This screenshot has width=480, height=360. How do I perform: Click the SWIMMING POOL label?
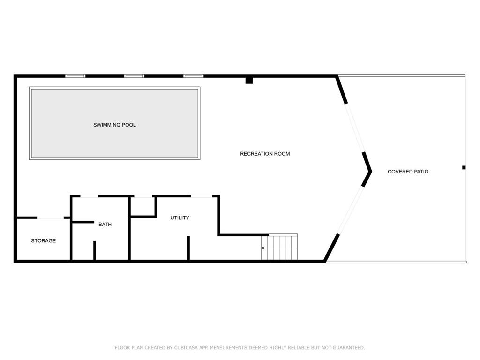(114, 125)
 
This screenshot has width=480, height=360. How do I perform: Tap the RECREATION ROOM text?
(265, 154)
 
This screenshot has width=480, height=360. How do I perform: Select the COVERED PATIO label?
(408, 172)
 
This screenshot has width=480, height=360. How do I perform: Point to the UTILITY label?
(180, 217)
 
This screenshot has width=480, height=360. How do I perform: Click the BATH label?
(105, 225)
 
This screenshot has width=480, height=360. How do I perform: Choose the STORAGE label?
(44, 240)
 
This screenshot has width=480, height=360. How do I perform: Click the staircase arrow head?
(262, 248)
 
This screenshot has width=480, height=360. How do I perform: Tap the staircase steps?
(279, 247)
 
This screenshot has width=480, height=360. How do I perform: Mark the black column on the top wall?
(249, 80)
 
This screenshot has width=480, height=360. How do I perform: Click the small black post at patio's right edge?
(464, 167)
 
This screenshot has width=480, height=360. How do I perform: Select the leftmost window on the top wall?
(75, 76)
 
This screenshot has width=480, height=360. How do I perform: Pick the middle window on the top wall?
(134, 76)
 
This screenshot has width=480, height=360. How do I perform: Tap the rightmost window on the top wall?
(194, 76)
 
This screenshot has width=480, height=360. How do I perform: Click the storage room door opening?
(51, 217)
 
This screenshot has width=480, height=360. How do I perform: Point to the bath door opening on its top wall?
(89, 196)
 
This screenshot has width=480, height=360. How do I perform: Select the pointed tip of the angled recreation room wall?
(371, 172)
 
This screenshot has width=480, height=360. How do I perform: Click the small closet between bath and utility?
(143, 206)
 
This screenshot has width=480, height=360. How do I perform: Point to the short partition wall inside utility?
(188, 248)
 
